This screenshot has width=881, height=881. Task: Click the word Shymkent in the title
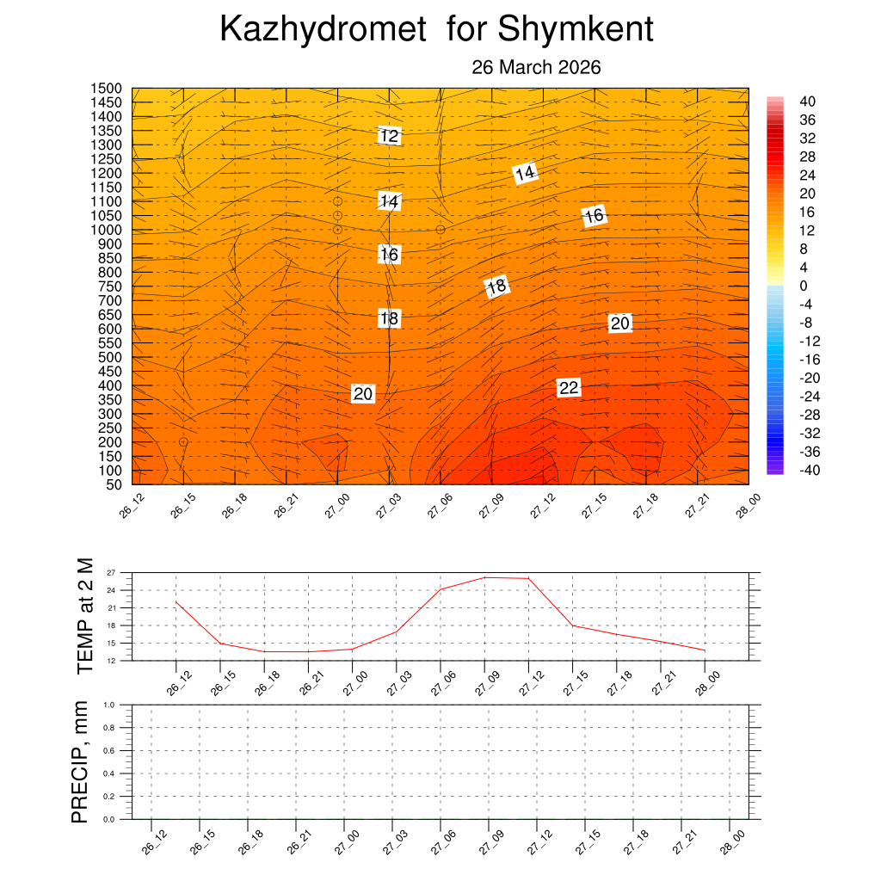pyautogui.click(x=575, y=29)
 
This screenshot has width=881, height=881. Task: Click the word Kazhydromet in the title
pyautogui.click(x=323, y=29)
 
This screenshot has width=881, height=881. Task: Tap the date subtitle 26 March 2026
pyautogui.click(x=536, y=67)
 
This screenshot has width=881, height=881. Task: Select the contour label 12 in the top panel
pyautogui.click(x=390, y=135)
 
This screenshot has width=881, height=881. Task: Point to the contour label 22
pyautogui.click(x=569, y=388)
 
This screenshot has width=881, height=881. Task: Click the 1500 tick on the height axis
pyautogui.click(x=108, y=89)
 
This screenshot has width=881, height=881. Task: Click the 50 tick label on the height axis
pyautogui.click(x=115, y=484)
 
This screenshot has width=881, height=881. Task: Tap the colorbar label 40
pyautogui.click(x=807, y=102)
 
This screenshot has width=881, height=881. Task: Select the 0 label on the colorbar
pyautogui.click(x=803, y=286)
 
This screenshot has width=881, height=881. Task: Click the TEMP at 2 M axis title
pyautogui.click(x=84, y=616)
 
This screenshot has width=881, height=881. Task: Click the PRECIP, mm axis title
pyautogui.click(x=80, y=762)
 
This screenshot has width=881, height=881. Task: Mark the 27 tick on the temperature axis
pyautogui.click(x=111, y=572)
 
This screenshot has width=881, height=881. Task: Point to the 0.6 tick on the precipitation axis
pyautogui.click(x=109, y=750)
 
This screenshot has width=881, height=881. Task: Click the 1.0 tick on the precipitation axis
pyautogui.click(x=109, y=704)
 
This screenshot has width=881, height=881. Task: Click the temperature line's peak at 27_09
pyautogui.click(x=484, y=577)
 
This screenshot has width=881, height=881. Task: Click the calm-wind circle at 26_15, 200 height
pyautogui.click(x=183, y=442)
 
